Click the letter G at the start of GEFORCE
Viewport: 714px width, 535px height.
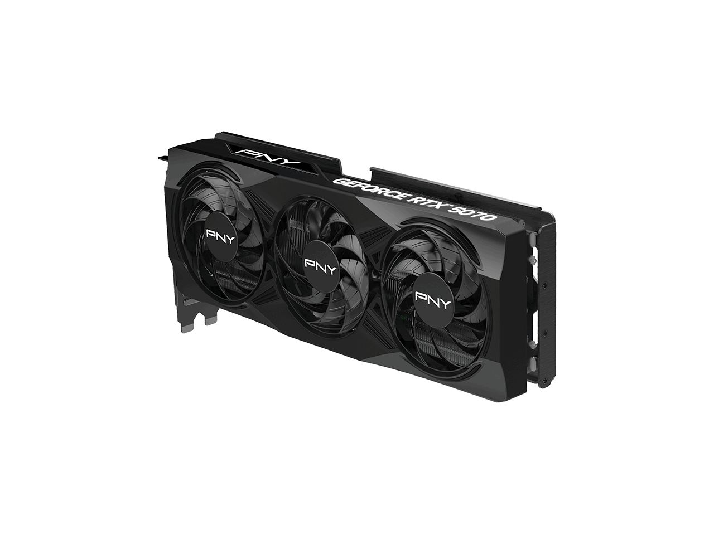338,181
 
